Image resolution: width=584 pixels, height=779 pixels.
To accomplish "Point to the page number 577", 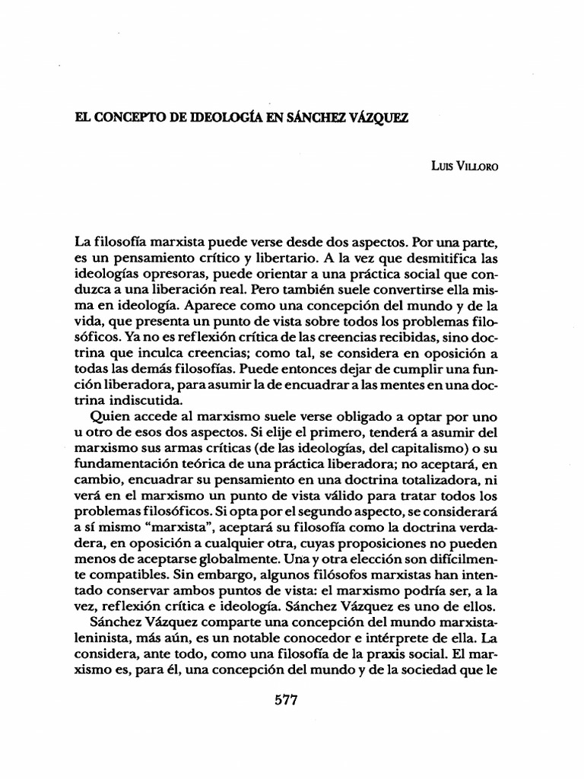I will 284,700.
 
